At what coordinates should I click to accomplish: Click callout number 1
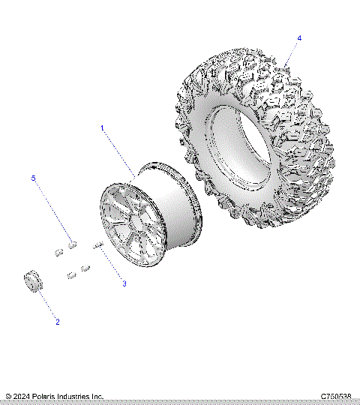coord(102,128)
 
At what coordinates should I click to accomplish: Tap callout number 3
coord(124,283)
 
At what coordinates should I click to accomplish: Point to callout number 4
coord(299,37)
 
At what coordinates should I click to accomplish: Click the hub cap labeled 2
coord(32,282)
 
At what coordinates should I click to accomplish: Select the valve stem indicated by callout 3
coord(97,244)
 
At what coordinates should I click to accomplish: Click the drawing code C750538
coord(336,396)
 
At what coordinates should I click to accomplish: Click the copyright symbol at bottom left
coord(8,396)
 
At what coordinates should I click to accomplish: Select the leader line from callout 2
coord(47,304)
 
